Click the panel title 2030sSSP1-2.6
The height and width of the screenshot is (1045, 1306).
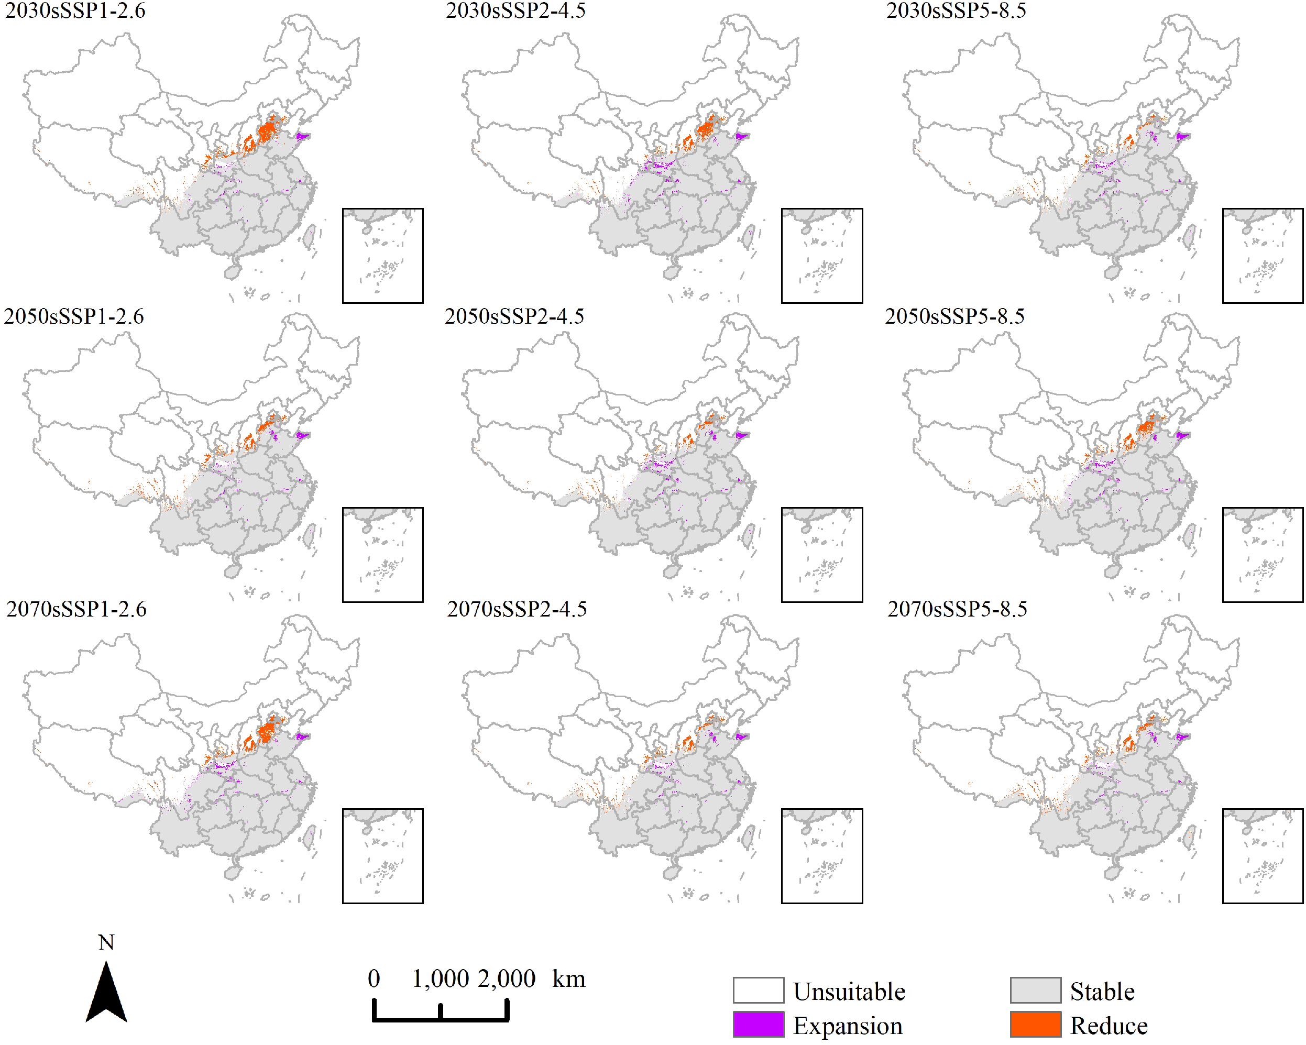75,11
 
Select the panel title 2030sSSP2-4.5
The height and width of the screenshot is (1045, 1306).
515,11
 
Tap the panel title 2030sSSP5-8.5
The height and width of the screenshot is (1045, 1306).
956,11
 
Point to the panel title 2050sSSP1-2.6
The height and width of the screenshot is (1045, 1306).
74,316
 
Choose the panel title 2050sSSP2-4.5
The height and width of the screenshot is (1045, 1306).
514,316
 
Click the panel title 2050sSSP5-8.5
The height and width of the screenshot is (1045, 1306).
954,316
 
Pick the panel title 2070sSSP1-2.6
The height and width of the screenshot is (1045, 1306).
76,609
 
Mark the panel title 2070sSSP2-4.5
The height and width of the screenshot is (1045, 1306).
517,609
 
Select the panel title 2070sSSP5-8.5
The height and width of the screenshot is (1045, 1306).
957,609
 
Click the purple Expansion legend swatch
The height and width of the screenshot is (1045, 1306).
759,1025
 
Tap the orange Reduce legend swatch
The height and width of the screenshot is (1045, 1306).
1035,1025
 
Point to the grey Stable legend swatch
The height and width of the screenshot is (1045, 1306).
1035,991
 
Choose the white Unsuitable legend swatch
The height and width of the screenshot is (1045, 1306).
759,991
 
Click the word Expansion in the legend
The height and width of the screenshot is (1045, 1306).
848,1026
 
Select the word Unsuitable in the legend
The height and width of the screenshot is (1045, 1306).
849,992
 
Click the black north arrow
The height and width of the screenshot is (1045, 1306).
107,994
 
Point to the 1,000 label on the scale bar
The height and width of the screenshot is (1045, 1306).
441,978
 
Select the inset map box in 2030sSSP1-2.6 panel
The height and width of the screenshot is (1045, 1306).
383,256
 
